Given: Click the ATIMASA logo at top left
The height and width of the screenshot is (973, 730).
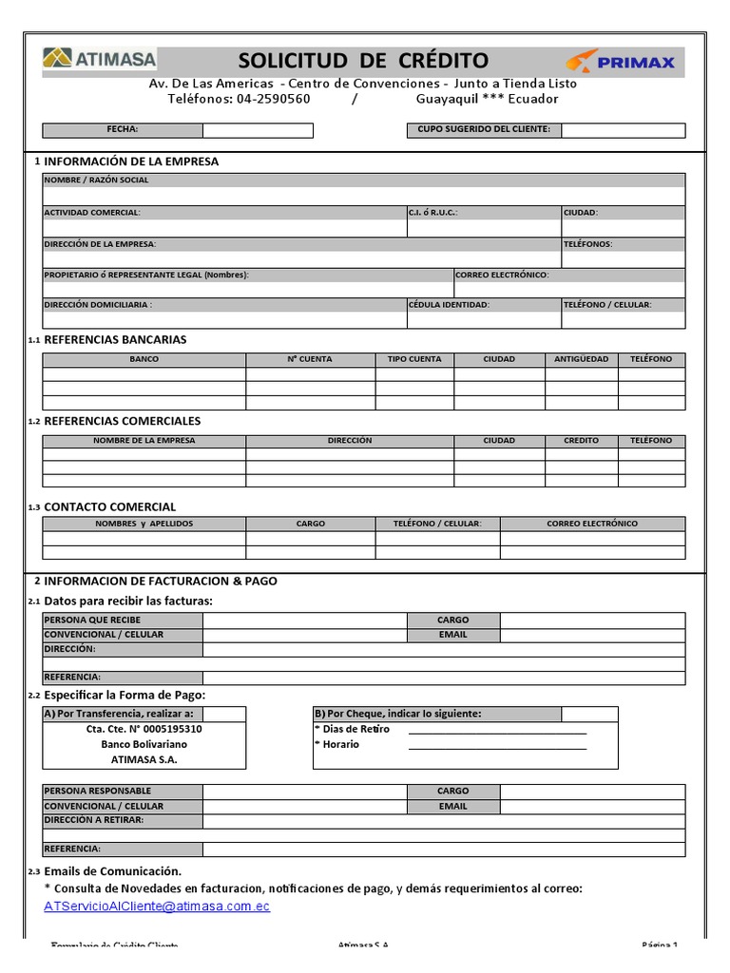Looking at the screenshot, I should [x=100, y=59].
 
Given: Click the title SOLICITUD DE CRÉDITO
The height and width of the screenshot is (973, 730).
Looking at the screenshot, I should [x=363, y=62].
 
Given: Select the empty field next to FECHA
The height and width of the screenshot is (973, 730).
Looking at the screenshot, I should [x=258, y=130].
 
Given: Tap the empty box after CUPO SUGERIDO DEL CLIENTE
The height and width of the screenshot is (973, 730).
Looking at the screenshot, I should [x=623, y=130].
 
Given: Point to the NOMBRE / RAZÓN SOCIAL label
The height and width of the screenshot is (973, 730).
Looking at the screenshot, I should [x=96, y=180].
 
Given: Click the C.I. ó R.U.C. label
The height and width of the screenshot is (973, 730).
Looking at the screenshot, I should [x=433, y=213].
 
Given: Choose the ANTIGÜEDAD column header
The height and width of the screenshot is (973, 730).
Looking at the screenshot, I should [x=581, y=359].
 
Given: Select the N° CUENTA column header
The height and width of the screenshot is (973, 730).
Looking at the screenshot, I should [x=310, y=359].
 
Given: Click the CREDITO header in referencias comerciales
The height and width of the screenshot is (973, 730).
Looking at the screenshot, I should [x=581, y=441].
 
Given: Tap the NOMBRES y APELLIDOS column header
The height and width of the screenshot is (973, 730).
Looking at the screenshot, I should [x=144, y=524].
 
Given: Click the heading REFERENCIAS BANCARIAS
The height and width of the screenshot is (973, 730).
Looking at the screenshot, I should [x=115, y=339].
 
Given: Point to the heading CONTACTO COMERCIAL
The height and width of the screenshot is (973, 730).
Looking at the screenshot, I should [x=109, y=506].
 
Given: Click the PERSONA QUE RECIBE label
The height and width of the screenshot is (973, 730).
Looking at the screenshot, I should [x=92, y=620].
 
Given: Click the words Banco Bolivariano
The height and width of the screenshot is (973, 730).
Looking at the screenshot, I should [x=144, y=745].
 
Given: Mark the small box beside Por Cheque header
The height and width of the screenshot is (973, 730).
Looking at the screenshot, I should [x=588, y=714].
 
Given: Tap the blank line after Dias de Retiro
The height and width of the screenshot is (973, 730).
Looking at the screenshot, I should [x=497, y=731].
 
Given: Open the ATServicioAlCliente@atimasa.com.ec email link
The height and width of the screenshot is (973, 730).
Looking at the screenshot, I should [x=157, y=906].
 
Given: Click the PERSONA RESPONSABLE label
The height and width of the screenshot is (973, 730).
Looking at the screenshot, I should [x=97, y=791].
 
